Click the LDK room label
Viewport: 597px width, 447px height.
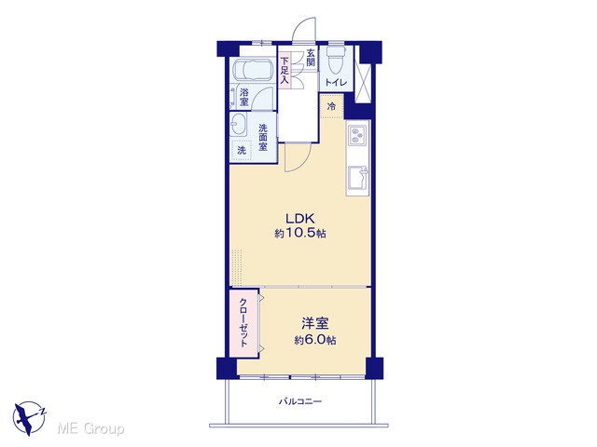tap(300, 219)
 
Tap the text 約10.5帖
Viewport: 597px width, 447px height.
tap(300, 233)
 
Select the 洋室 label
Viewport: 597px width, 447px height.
tap(315, 323)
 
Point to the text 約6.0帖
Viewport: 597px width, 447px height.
tap(315, 340)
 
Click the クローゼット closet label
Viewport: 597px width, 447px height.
tap(243, 322)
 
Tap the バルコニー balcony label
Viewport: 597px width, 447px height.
tap(300, 401)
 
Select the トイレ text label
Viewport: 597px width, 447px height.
tap(336, 83)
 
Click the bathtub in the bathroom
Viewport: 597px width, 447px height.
tap(252, 70)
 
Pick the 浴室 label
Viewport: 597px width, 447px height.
tap(244, 97)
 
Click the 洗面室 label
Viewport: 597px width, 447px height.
tap(263, 137)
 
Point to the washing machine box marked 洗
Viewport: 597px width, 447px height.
tap(242, 150)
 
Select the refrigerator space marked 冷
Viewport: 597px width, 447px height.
tap(332, 106)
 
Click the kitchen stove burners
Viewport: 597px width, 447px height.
tap(358, 136)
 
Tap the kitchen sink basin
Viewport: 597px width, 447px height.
tap(358, 178)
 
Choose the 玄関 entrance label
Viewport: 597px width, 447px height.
tap(311, 58)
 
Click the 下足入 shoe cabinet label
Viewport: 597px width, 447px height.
tap(285, 71)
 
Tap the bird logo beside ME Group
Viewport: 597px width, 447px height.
tap(29, 417)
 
